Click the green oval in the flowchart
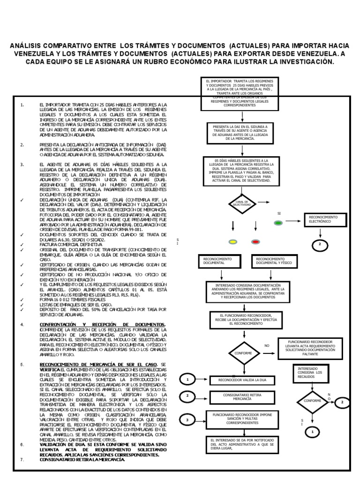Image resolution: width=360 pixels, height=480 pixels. tap(278, 223)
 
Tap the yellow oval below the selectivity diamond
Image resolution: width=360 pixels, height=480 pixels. tap(232, 242)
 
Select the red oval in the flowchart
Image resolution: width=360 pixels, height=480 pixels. tap(255, 242)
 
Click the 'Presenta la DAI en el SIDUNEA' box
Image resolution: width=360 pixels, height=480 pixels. tap(240, 132)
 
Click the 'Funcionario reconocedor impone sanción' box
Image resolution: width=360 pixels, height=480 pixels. tap(241, 419)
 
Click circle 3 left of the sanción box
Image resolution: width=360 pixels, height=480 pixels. tap(187, 420)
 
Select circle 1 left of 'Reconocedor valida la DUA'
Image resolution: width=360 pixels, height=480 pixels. tap(187, 379)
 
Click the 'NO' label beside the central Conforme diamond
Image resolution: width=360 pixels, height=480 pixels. tap(267, 345)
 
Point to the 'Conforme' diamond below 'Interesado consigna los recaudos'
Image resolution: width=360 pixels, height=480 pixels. tap(312, 401)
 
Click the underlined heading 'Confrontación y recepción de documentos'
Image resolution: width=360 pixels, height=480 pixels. tap(102, 324)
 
